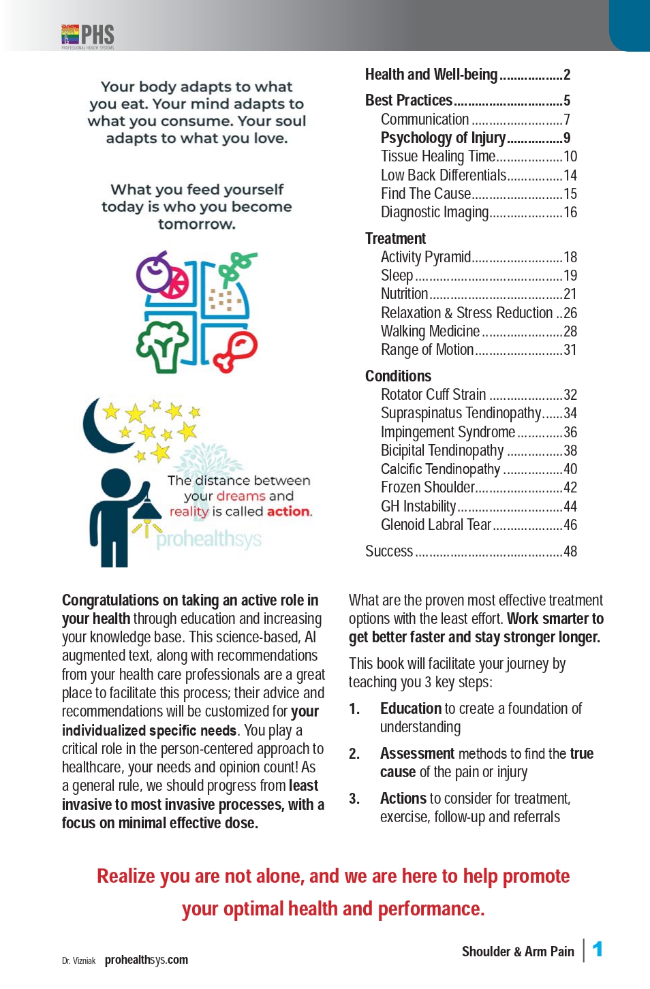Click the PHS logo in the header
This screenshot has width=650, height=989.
tap(88, 35)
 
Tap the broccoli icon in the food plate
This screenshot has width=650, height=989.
tap(161, 345)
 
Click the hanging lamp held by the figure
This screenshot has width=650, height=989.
tap(147, 507)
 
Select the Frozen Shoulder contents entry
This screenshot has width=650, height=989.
tap(427, 488)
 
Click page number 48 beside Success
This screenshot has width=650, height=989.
tap(570, 552)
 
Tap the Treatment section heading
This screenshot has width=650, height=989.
tap(395, 238)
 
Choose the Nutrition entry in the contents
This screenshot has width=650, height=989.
tap(404, 294)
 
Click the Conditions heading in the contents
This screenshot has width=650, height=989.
tap(398, 376)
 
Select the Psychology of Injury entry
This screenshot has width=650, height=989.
tap(443, 138)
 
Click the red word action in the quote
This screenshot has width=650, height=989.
tap(288, 512)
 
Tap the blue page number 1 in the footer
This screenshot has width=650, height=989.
tap(598, 949)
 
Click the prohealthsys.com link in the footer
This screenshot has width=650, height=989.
tap(146, 960)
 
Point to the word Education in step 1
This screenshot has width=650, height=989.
tap(411, 709)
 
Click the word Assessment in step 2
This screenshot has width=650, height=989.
tap(417, 754)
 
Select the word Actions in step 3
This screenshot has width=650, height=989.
tap(403, 799)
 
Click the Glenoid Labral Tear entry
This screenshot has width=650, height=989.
tap(436, 525)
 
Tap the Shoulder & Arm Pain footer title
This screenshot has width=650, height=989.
tap(518, 952)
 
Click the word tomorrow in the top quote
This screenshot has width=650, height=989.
tap(196, 224)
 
